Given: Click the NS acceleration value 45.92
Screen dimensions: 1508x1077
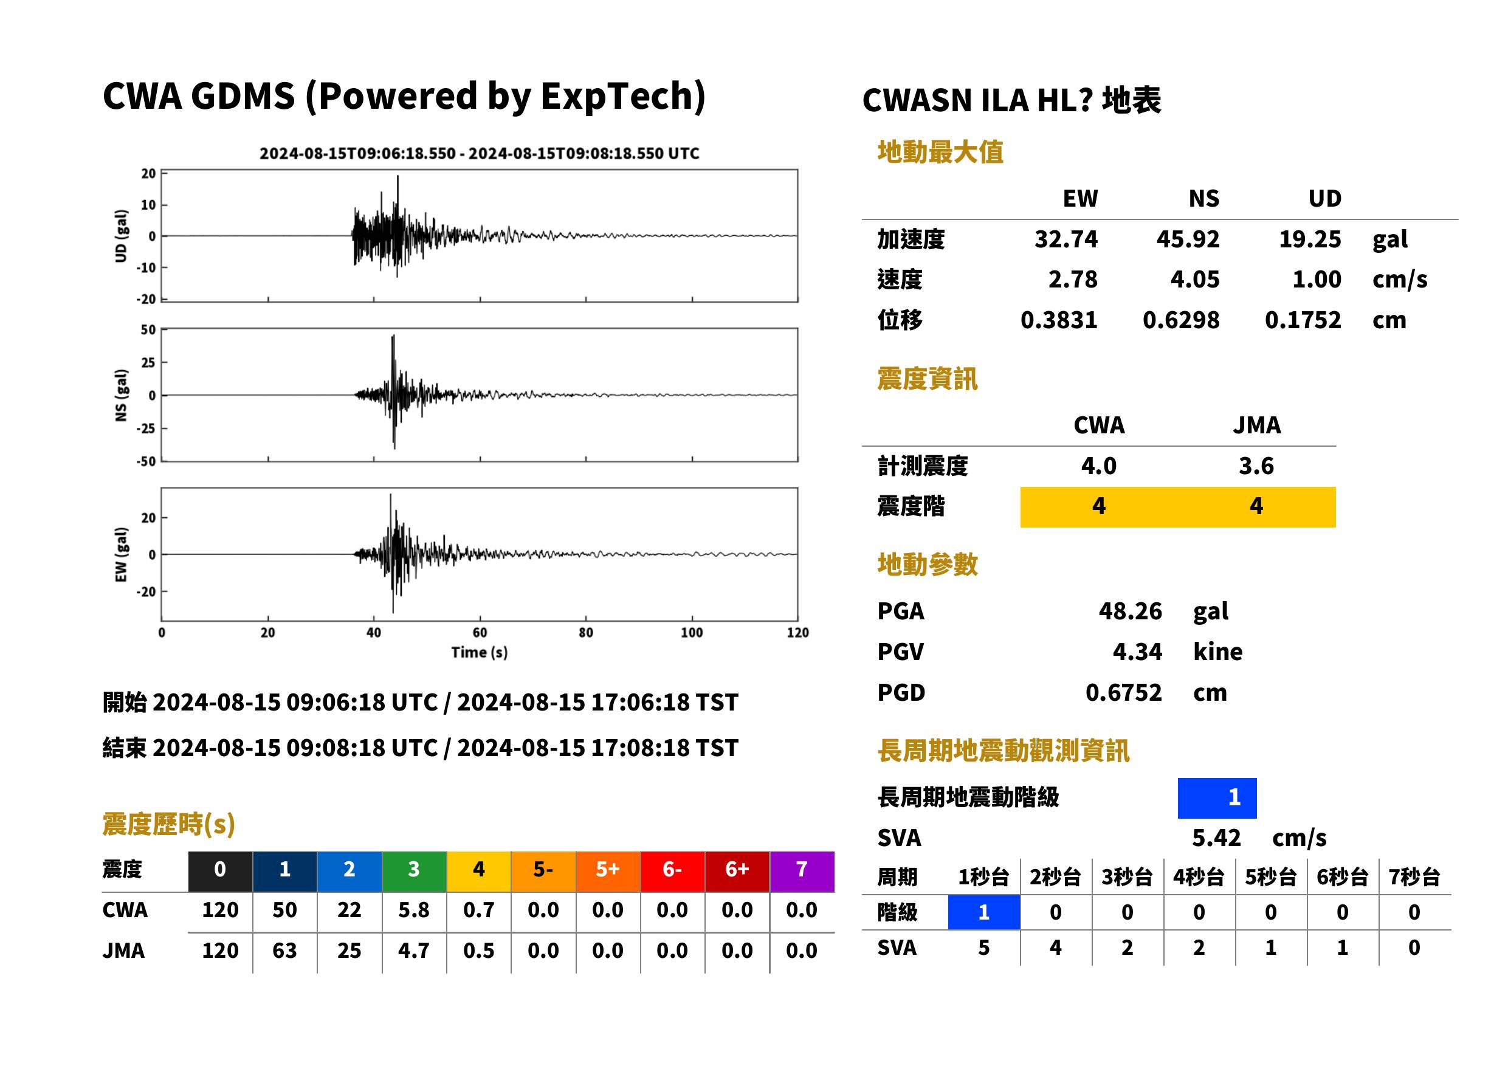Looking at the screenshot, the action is (1188, 239).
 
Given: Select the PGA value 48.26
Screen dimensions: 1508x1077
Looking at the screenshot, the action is (1130, 611).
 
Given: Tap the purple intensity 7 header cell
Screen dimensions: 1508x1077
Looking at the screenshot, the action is (802, 869).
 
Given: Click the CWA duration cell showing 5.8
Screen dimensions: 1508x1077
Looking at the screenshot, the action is (414, 910).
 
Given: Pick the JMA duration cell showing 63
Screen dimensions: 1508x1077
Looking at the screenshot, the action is (284, 951).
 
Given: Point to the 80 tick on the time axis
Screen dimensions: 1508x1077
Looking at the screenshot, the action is (585, 633).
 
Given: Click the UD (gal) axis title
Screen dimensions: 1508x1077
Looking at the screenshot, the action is (121, 236).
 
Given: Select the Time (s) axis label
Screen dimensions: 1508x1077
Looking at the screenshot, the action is (480, 653).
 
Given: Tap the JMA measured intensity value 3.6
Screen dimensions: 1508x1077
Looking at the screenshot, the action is (1256, 466).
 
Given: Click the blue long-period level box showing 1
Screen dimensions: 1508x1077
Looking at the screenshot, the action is (1217, 798).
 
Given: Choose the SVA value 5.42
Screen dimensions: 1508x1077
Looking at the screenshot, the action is (1216, 838).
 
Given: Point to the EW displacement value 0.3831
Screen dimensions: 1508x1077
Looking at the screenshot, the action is (1059, 320).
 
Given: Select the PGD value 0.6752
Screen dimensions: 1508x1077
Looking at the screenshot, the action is (1123, 693).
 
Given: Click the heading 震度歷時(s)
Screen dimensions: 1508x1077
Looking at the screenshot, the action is (169, 824).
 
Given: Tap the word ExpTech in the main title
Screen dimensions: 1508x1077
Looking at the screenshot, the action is (617, 95).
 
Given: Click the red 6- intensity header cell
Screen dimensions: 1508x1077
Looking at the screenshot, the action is (672, 869).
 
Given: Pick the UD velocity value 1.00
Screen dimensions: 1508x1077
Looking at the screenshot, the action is (1317, 280).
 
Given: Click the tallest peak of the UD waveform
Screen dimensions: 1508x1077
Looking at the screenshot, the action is (398, 176).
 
